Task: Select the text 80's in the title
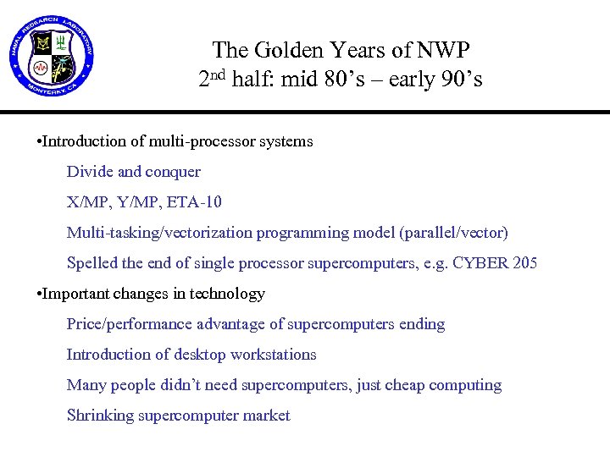click(x=345, y=80)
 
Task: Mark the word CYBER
click(x=481, y=263)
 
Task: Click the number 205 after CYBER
click(x=524, y=263)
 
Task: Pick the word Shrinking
click(x=102, y=416)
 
